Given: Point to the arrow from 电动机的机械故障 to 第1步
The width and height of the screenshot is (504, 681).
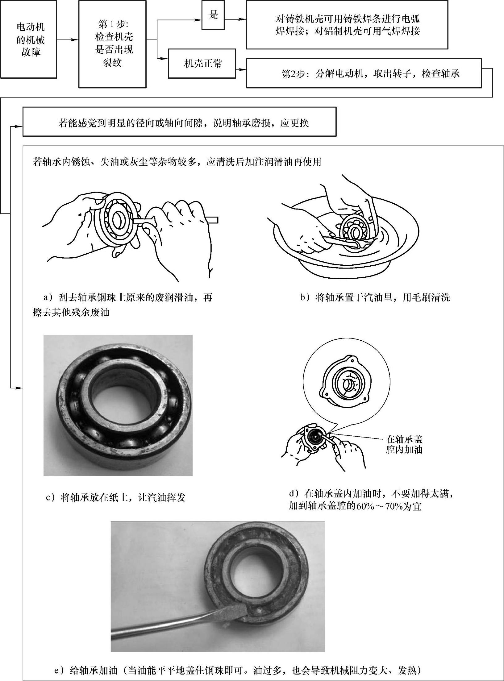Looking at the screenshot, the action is click(x=68, y=39).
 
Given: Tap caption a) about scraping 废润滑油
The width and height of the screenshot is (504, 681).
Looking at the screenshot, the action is click(x=123, y=305).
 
